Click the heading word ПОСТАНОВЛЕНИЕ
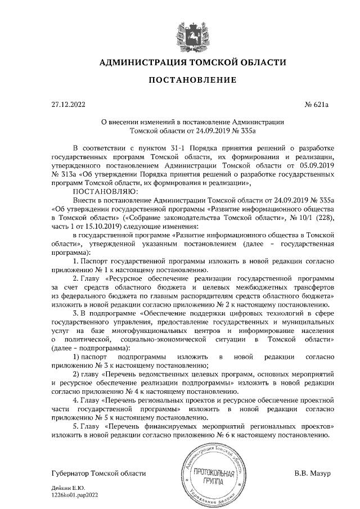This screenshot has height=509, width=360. pyautogui.click(x=180, y=80)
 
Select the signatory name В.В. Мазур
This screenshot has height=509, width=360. pyautogui.click(x=312, y=472)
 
